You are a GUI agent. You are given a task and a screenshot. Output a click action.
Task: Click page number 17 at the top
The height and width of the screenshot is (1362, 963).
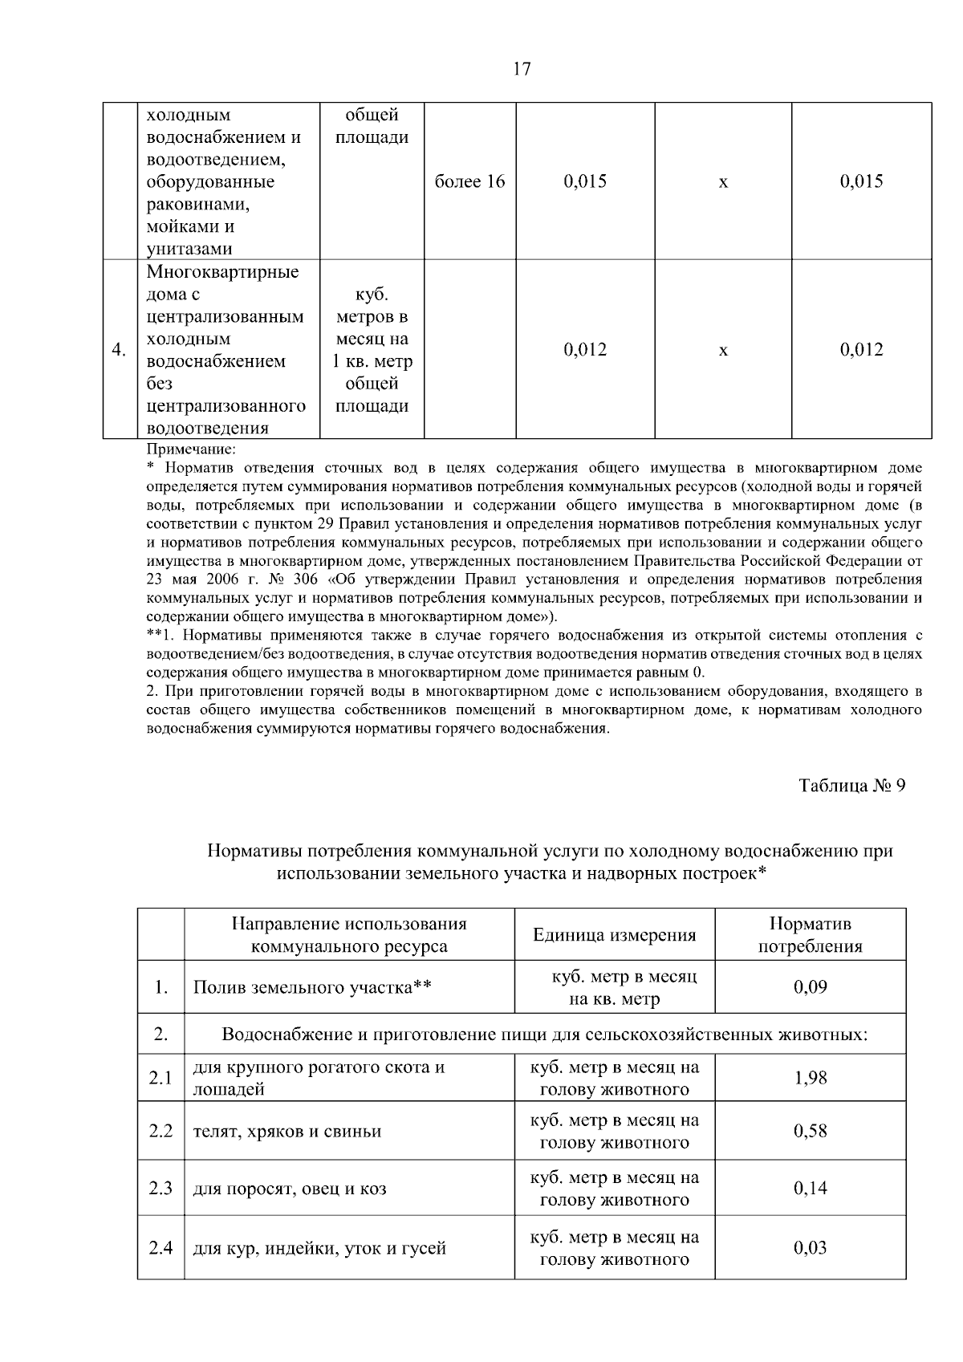pos(522,69)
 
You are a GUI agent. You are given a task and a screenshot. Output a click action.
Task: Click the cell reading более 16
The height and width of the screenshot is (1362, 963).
pos(469,181)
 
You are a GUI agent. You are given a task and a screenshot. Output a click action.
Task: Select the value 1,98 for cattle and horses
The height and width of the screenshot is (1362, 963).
pos(810,1077)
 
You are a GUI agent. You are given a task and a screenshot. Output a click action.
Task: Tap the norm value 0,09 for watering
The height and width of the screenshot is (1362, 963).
pos(810,986)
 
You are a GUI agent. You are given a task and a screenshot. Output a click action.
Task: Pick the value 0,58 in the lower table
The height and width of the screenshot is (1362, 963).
pos(810,1131)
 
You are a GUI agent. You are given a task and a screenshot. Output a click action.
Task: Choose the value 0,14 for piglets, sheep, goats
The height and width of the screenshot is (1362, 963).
pos(810,1188)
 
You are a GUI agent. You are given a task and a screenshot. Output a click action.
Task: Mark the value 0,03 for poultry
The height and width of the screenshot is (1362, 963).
pos(810,1247)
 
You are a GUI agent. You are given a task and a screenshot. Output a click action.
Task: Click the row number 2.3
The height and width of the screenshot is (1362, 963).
pos(160,1188)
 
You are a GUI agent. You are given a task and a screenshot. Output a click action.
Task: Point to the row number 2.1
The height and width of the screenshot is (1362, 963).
pos(160,1077)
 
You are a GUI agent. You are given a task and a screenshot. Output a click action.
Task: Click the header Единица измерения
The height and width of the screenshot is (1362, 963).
pos(614,935)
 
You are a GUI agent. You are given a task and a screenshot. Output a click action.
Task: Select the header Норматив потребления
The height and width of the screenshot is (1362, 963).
pos(810,935)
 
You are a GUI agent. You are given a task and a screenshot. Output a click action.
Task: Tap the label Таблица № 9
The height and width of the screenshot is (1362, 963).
pos(852,786)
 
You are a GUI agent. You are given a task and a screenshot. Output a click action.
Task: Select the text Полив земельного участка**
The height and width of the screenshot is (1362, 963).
pos(312,986)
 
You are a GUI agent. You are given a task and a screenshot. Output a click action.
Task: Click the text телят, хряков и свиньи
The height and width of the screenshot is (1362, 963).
pos(286,1132)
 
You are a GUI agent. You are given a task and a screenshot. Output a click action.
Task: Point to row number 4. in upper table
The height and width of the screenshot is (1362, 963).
pos(118,350)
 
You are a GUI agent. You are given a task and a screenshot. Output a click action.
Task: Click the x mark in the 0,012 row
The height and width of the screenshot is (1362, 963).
pos(723,351)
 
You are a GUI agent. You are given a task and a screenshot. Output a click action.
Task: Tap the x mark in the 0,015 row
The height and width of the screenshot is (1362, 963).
pos(723,183)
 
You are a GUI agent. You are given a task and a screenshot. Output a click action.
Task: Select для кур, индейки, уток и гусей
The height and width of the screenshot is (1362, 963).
pos(319,1248)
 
